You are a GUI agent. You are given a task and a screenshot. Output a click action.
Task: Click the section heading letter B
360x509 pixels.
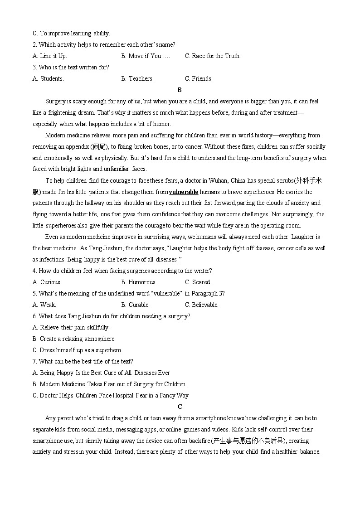(x=180, y=90)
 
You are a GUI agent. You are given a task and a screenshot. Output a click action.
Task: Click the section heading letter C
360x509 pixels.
(x=180, y=407)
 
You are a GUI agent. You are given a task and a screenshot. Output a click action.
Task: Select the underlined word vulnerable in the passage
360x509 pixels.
(x=184, y=192)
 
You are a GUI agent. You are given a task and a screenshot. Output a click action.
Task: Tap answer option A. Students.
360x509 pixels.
(x=48, y=78)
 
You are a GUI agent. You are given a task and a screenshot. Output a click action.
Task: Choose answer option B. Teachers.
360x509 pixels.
(x=137, y=78)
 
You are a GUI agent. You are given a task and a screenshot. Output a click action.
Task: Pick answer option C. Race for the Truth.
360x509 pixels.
(x=213, y=56)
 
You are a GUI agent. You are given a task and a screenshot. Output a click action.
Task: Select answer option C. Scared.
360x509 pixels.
(x=198, y=282)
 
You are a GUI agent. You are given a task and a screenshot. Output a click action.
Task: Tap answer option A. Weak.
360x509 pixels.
(x=44, y=305)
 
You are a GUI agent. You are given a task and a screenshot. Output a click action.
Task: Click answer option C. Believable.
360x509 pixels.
(x=202, y=305)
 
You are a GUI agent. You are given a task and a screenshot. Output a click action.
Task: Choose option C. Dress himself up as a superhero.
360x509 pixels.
(x=78, y=350)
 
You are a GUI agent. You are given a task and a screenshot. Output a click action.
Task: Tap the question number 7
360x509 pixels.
(x=34, y=361)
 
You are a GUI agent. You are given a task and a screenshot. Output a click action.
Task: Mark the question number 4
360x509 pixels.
(x=34, y=271)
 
